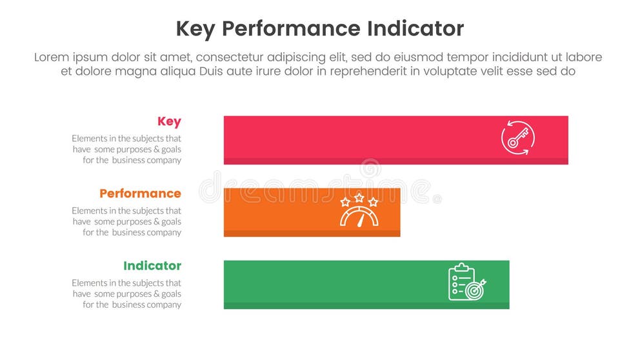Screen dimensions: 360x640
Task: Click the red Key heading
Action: click(x=169, y=121)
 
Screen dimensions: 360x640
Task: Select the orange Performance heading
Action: click(x=140, y=194)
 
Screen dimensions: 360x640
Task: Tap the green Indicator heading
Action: click(x=152, y=266)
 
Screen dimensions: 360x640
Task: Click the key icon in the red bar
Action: click(x=517, y=139)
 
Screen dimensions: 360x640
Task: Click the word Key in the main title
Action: click(x=195, y=29)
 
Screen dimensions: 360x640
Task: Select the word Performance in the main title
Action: click(x=290, y=29)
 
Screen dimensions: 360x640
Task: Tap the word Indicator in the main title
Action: click(x=415, y=29)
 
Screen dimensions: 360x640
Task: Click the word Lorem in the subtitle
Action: click(x=51, y=57)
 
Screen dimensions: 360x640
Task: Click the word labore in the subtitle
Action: click(x=583, y=57)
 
